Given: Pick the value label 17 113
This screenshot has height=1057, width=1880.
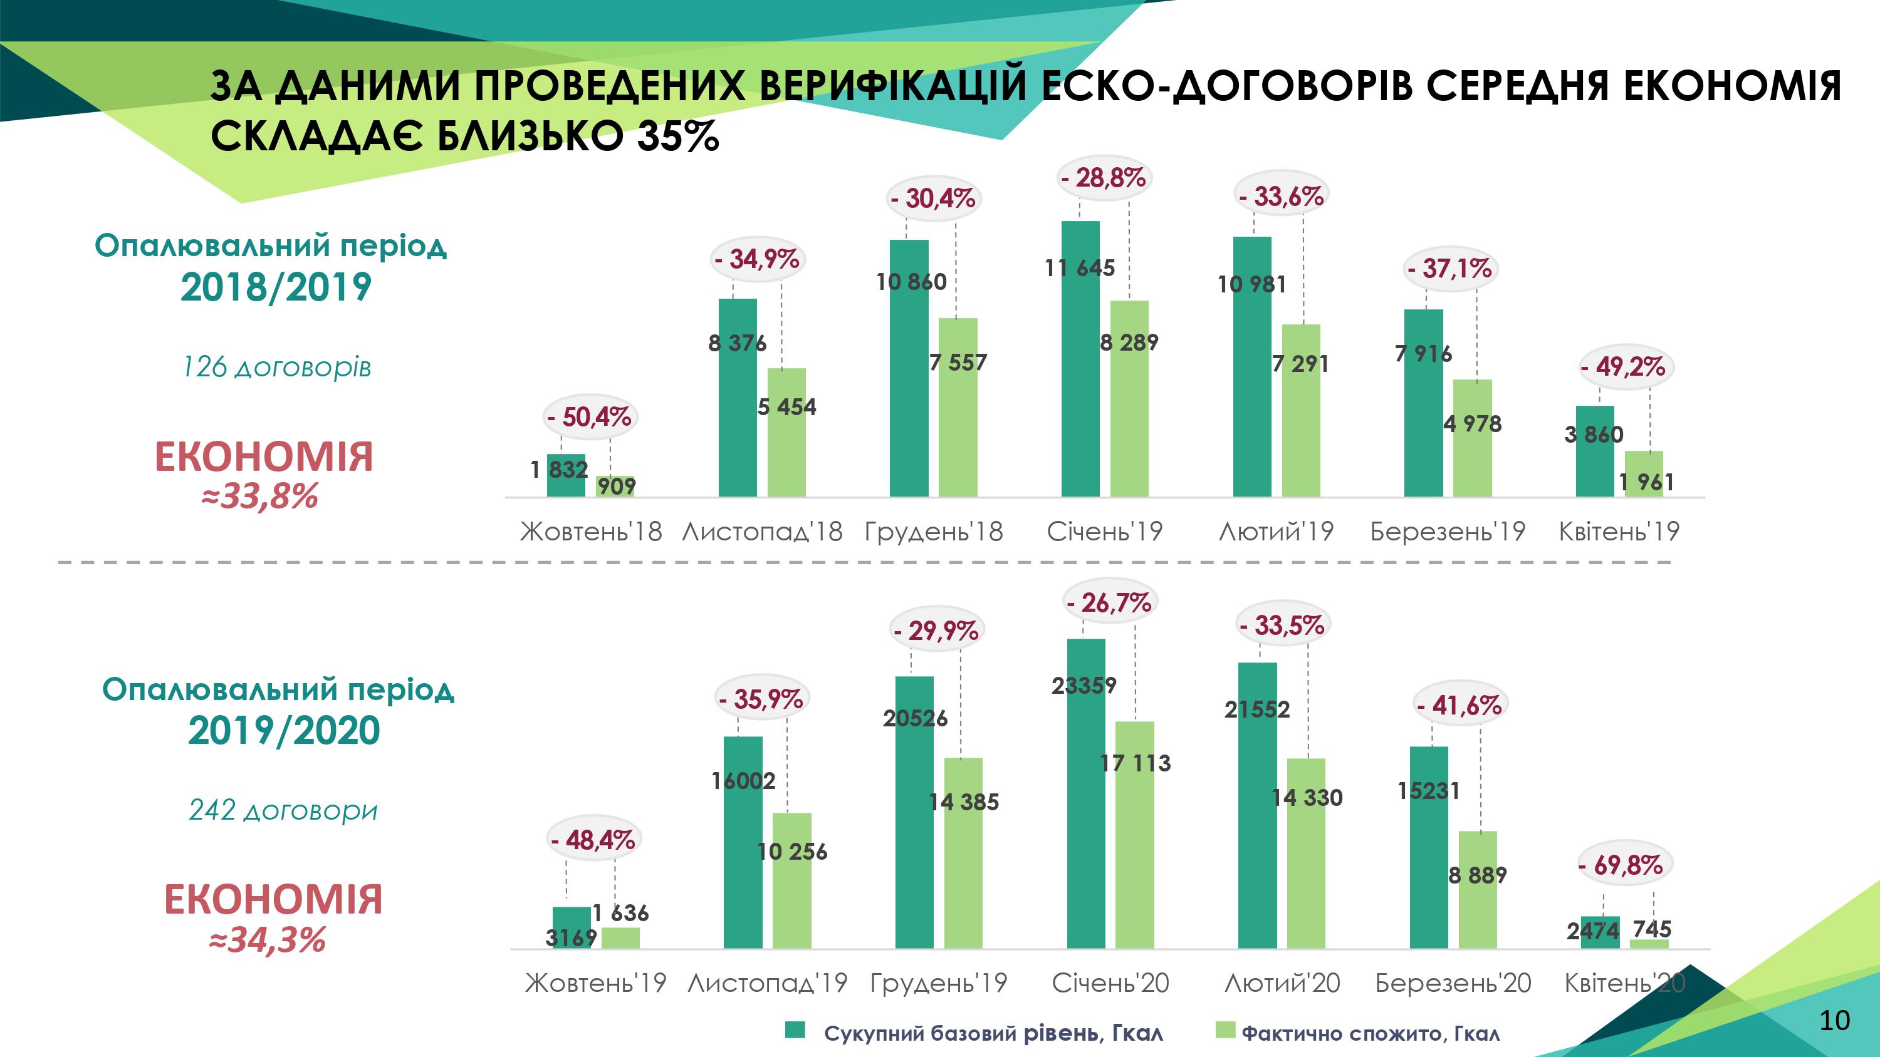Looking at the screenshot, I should point(1135,763).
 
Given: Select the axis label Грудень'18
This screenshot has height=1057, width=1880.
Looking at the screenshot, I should point(934,531).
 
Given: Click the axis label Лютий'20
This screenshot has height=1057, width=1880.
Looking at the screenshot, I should point(1282,983).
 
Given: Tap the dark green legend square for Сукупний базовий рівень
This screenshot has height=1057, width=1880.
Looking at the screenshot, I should point(795,1030).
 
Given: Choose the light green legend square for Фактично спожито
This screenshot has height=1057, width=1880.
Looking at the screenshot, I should point(1225,1030).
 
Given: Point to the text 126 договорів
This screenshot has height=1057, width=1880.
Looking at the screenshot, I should point(276,367).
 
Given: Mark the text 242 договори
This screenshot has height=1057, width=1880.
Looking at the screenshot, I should point(283,810).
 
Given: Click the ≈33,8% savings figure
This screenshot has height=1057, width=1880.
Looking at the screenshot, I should point(261,497).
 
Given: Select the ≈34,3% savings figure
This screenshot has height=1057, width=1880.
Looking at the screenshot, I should point(268,939).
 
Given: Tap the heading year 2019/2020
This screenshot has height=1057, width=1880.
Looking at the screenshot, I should point(284,730).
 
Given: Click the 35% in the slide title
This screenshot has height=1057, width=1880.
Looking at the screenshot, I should point(678,136).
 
